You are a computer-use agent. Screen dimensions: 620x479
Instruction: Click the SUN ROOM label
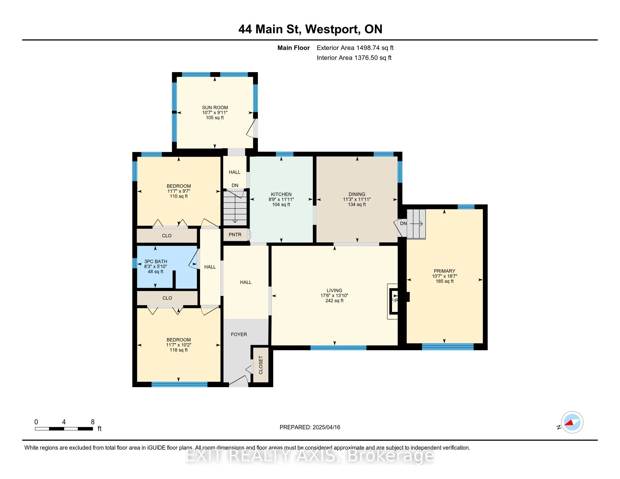click(x=215, y=108)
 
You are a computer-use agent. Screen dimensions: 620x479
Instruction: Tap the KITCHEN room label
click(x=281, y=194)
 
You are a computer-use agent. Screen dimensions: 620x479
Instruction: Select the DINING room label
click(x=357, y=194)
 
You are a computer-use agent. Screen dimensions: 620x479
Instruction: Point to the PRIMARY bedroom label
click(x=444, y=271)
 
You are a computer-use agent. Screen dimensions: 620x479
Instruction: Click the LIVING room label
click(x=335, y=290)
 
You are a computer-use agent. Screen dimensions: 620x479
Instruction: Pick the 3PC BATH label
click(x=156, y=261)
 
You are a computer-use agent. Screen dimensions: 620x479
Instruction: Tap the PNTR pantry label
click(x=235, y=235)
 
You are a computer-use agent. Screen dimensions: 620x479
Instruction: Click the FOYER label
click(x=239, y=334)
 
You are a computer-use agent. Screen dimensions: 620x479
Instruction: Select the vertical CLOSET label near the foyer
click(x=261, y=365)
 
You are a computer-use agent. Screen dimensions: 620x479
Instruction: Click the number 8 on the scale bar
click(x=92, y=422)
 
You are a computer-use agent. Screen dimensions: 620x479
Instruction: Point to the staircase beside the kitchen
click(x=235, y=207)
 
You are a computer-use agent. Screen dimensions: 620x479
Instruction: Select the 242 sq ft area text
click(x=335, y=301)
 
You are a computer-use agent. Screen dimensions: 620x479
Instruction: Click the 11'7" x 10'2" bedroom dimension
click(x=179, y=345)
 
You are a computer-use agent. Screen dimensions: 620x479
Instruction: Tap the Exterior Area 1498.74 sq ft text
click(x=355, y=48)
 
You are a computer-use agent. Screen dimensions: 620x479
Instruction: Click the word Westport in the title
click(x=332, y=29)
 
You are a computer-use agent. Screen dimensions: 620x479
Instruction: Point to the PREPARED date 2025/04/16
click(x=326, y=427)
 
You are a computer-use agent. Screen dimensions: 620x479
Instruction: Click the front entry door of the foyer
click(x=238, y=381)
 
